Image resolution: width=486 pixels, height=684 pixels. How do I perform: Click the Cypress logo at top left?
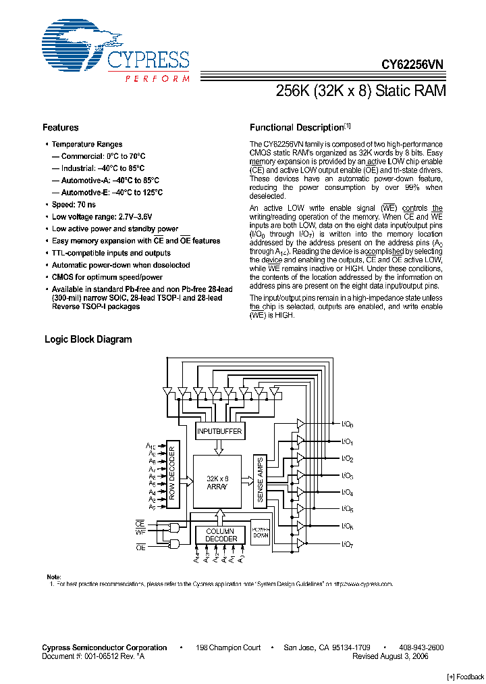tap(115, 53)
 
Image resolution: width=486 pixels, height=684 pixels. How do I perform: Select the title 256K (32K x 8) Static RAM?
tap(361, 91)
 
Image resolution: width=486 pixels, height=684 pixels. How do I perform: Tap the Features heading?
tap(61, 128)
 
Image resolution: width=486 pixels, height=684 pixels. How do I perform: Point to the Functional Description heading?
tap(297, 128)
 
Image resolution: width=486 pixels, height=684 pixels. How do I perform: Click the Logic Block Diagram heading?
tap(88, 339)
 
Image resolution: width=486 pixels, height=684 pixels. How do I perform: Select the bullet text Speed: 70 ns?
tap(74, 205)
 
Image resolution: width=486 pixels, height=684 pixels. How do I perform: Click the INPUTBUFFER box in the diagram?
tap(219, 431)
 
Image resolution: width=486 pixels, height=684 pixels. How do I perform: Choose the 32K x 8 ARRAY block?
tap(217, 481)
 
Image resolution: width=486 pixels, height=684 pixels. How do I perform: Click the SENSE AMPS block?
tap(261, 481)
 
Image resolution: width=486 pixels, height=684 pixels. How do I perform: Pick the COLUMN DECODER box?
tap(221, 535)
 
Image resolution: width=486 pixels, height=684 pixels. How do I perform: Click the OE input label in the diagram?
tap(140, 547)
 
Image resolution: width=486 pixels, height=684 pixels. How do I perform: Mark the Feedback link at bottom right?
tap(465, 677)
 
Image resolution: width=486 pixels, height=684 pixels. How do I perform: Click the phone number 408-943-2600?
tap(421, 648)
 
